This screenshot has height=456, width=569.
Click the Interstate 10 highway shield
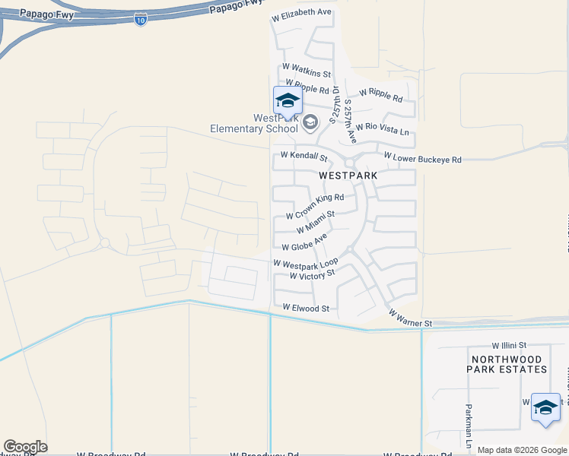[x=140, y=20]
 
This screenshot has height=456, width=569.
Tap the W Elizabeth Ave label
[x=301, y=13]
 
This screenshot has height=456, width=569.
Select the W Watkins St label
[x=307, y=71]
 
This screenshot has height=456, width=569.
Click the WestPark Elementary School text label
[x=254, y=123]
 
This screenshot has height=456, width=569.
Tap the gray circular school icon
[x=310, y=122]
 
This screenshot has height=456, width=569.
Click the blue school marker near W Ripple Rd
[x=288, y=101]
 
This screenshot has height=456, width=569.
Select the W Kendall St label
[x=304, y=157]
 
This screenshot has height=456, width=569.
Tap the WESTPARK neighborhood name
[x=348, y=175]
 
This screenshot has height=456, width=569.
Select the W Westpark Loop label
[x=306, y=264]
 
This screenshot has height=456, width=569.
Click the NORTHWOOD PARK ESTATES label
[x=508, y=364]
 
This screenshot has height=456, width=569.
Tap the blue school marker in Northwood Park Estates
[x=545, y=407]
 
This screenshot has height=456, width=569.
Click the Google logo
[x=25, y=447]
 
